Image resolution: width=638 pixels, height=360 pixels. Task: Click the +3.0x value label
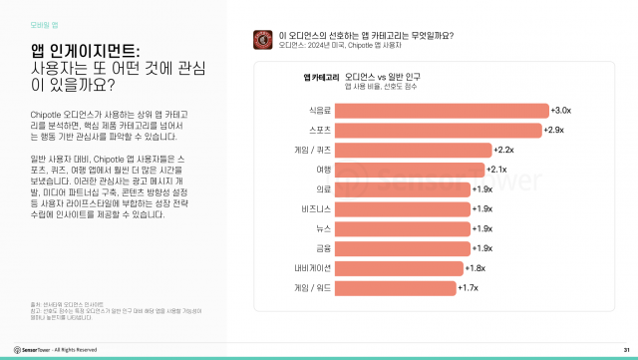[561, 110]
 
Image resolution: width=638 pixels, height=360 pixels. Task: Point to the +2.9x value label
[555, 130]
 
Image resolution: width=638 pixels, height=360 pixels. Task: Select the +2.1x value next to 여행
[499, 170]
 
